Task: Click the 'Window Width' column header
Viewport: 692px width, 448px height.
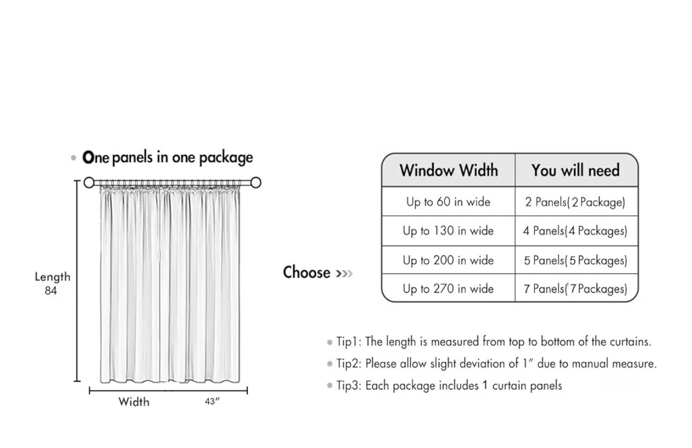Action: coord(448,170)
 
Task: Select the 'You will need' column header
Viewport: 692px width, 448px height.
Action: coord(576,170)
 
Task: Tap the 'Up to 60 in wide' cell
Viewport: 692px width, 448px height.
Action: coord(448,202)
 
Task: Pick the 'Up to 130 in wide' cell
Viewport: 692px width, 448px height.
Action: coord(448,231)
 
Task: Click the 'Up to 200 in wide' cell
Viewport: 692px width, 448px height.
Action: coord(448,260)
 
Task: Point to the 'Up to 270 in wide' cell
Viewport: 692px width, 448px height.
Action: coord(448,288)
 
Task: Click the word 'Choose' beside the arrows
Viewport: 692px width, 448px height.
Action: coord(307,272)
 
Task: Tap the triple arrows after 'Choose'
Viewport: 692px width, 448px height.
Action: coord(344,273)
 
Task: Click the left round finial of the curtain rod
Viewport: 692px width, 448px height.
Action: coord(89,183)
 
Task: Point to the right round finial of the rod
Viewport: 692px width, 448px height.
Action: coord(256,183)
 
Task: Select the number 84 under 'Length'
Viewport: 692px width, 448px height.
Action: coord(51,291)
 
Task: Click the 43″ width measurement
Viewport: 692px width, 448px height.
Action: coord(212,401)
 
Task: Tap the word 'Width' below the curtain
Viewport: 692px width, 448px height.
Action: coord(134,402)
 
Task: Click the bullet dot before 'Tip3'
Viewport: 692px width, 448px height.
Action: coord(329,386)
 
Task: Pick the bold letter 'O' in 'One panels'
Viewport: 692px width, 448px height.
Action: coord(88,157)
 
